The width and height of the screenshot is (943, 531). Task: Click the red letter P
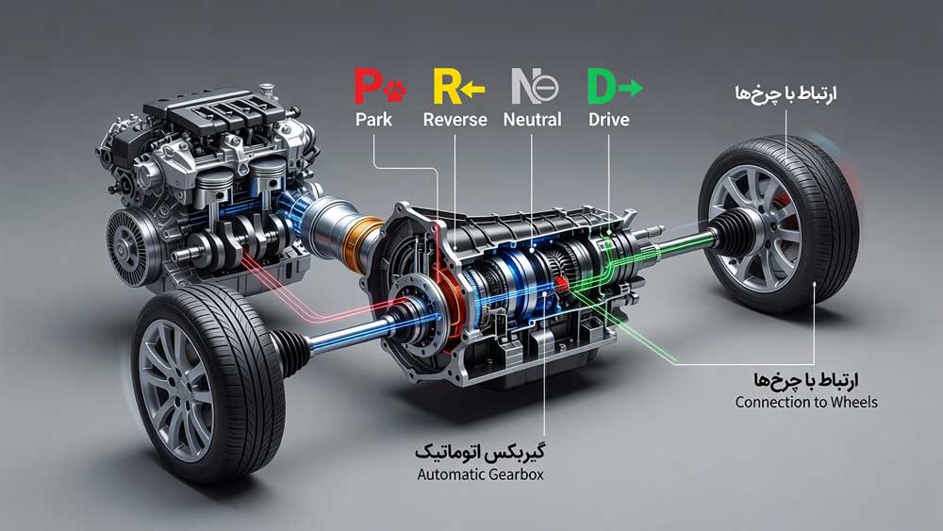pyautogui.click(x=367, y=87)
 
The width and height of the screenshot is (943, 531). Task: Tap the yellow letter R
pyautogui.click(x=446, y=87)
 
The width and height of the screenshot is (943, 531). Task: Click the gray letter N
pyautogui.click(x=523, y=87)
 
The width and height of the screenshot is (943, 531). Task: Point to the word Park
pyautogui.click(x=373, y=119)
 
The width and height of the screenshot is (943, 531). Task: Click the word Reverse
pyautogui.click(x=455, y=119)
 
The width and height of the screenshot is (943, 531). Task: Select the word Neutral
pyautogui.click(x=532, y=119)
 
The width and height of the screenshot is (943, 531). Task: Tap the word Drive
pyautogui.click(x=608, y=119)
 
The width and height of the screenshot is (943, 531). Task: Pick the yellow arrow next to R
pyautogui.click(x=472, y=91)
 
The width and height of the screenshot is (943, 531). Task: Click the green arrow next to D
pyautogui.click(x=630, y=89)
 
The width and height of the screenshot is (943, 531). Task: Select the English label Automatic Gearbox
pyautogui.click(x=481, y=473)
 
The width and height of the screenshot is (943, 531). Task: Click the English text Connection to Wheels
pyautogui.click(x=806, y=402)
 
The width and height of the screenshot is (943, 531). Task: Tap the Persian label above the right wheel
pyautogui.click(x=785, y=94)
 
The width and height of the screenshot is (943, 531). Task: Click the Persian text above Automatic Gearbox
pyautogui.click(x=480, y=451)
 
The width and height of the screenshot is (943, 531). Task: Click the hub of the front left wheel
pyautogui.click(x=172, y=383)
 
